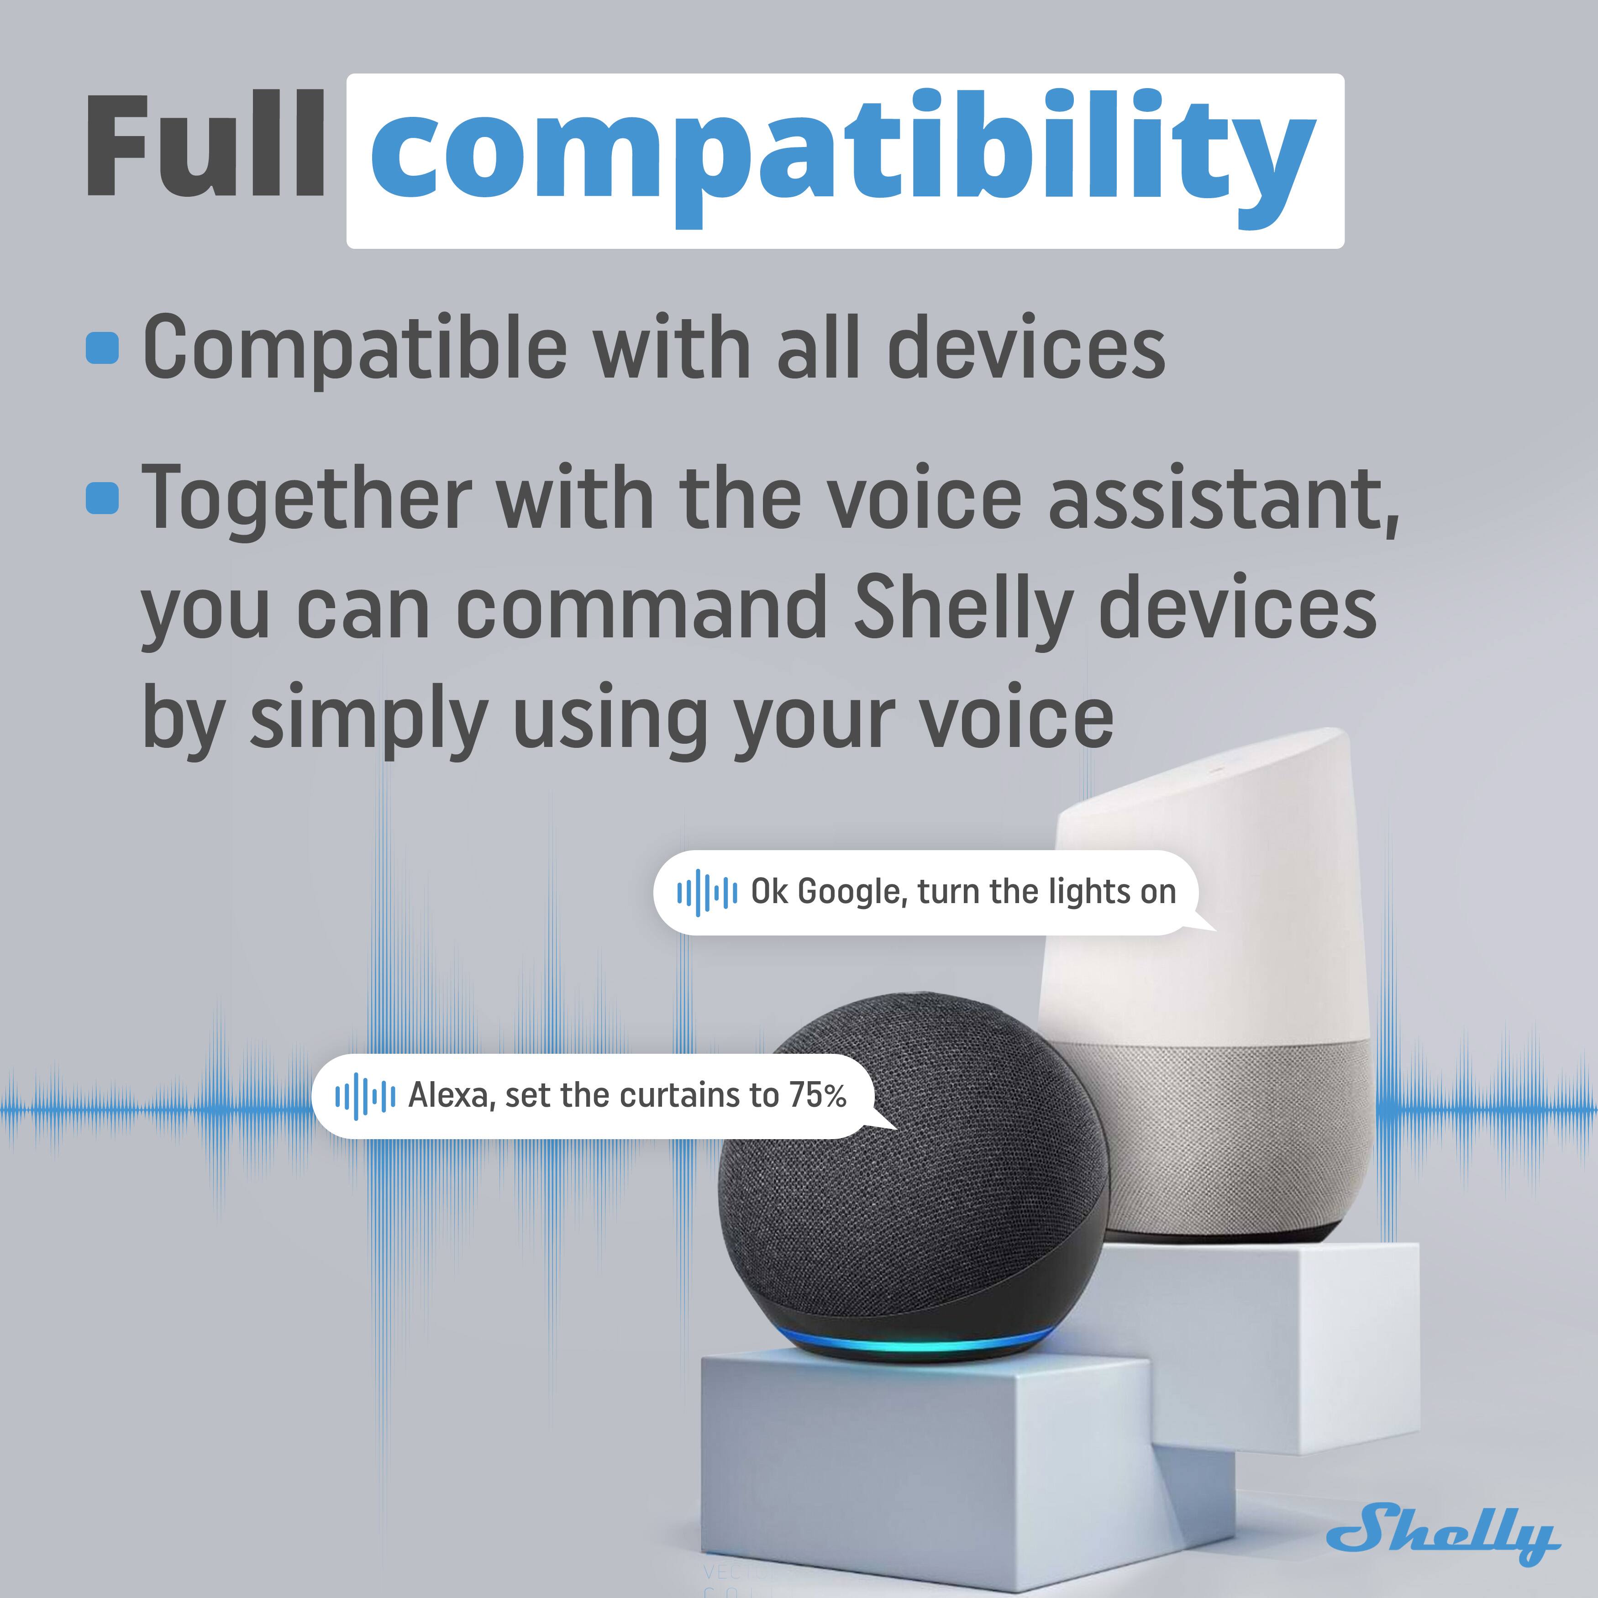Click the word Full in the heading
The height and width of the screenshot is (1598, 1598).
click(x=205, y=147)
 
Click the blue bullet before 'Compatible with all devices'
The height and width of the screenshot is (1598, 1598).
click(x=103, y=348)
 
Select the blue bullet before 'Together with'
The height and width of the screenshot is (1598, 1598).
click(x=103, y=498)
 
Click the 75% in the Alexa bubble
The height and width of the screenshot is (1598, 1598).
click(x=817, y=1096)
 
